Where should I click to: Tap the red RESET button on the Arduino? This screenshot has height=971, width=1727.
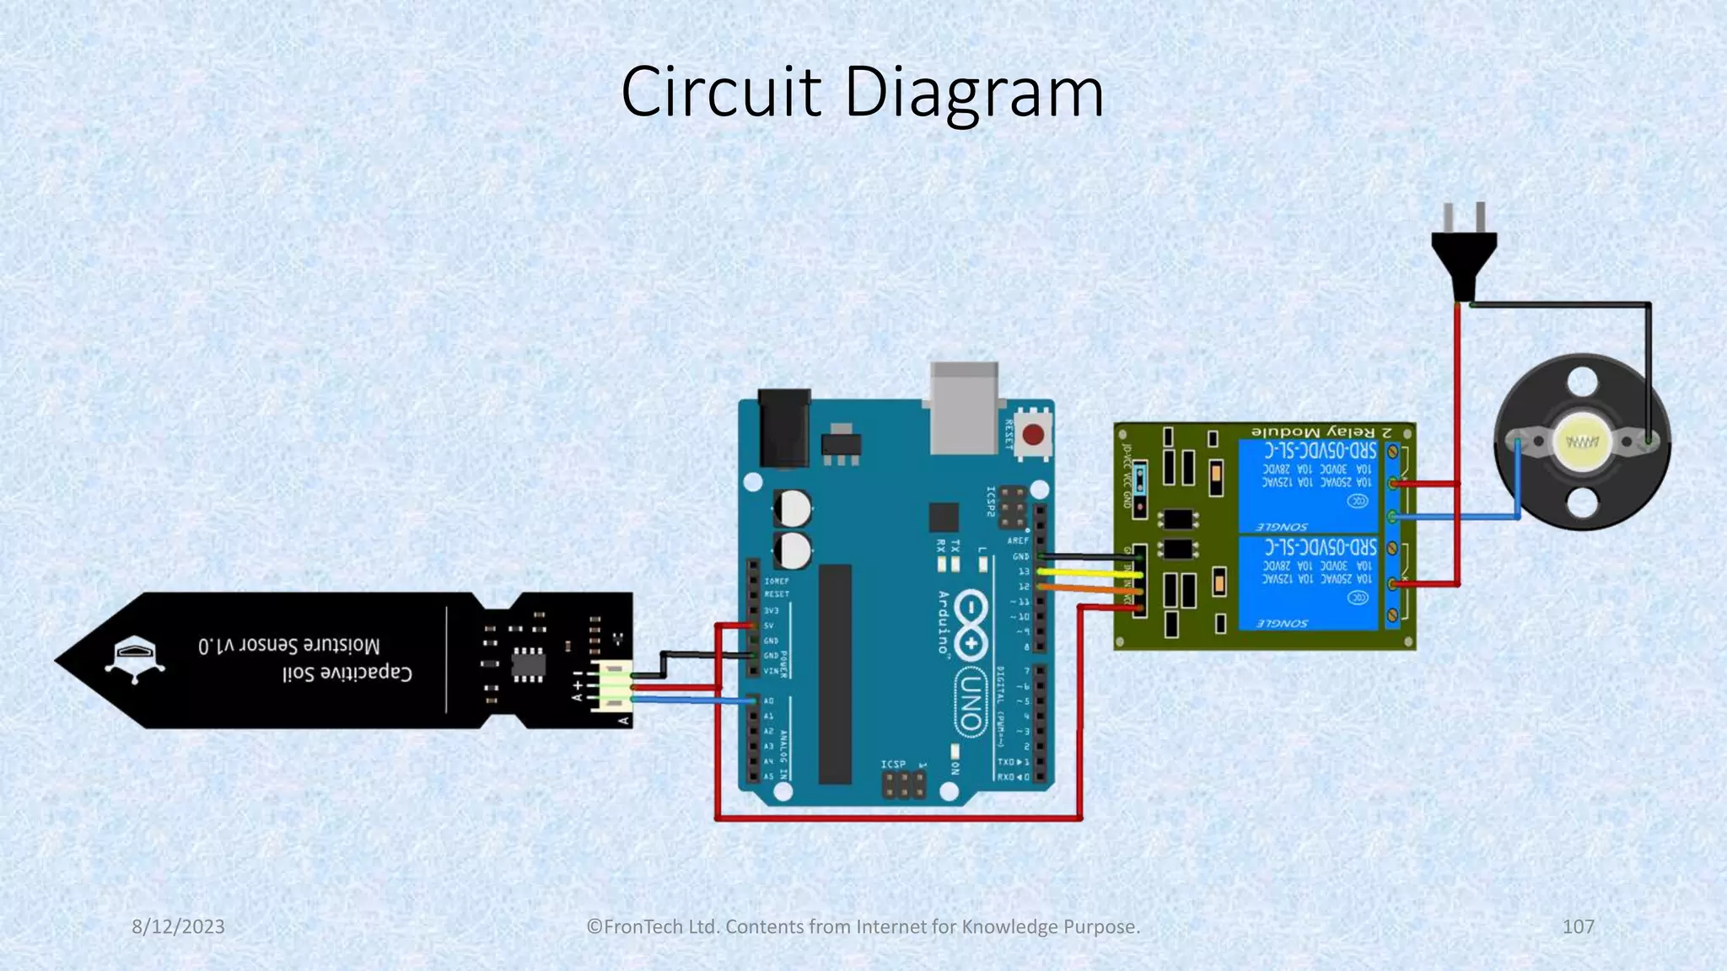click(1033, 436)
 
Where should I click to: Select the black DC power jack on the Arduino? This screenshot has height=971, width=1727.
click(783, 428)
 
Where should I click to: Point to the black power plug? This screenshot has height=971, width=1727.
click(1464, 253)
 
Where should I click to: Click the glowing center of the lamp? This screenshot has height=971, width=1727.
click(1582, 442)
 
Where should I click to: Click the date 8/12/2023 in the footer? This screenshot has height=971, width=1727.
click(178, 926)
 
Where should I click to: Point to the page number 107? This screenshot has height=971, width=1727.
click(1578, 926)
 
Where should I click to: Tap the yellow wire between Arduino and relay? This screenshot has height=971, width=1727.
click(1088, 572)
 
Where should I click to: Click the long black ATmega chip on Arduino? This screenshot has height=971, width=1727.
click(835, 674)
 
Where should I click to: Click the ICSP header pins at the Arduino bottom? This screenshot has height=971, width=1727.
click(903, 786)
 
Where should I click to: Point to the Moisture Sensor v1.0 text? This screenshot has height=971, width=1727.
click(289, 646)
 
